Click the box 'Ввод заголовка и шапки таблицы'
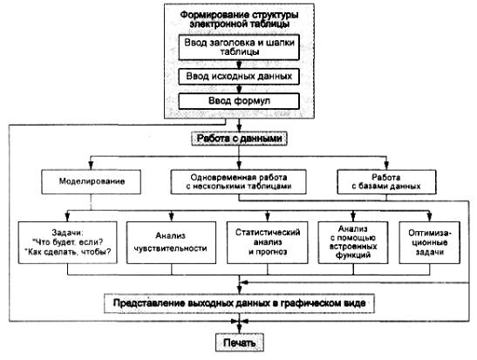click(x=239, y=47)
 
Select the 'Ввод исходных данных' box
click(x=239, y=77)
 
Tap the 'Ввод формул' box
click(x=239, y=101)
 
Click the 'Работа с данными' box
click(x=239, y=139)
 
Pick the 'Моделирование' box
click(x=92, y=182)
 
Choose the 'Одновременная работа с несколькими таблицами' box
click(x=239, y=182)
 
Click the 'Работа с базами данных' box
click(x=386, y=182)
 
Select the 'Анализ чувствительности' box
click(x=171, y=242)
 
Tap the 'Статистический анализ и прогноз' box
click(x=268, y=242)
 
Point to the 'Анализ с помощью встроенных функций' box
click(x=353, y=242)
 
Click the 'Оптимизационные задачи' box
click(x=430, y=242)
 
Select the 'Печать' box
click(x=240, y=343)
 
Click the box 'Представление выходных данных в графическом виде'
click(x=239, y=303)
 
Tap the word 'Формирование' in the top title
click(x=209, y=15)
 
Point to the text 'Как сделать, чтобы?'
click(x=70, y=252)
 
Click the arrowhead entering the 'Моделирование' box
click(x=91, y=166)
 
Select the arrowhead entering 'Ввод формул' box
click(x=239, y=90)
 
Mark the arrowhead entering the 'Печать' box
click(x=240, y=329)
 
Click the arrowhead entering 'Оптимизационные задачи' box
click(x=430, y=217)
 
